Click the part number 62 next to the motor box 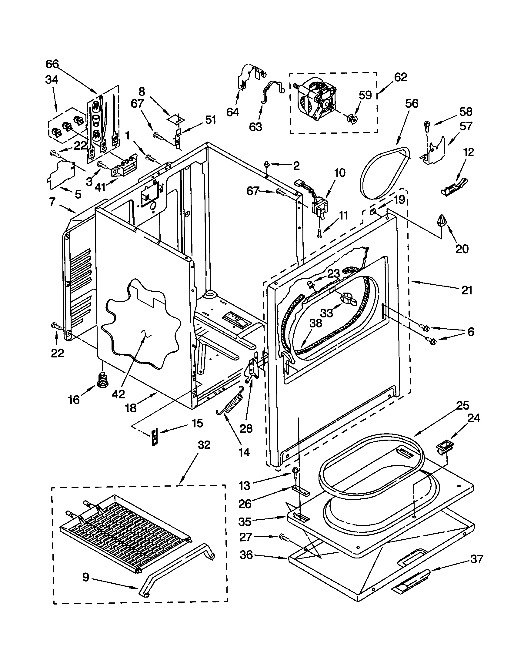tap(400, 77)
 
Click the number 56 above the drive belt tap(412, 103)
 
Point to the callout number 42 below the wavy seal tap(118, 394)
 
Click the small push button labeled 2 tap(267, 165)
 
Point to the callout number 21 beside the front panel tap(466, 290)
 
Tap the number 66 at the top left tap(52, 64)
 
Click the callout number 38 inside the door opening tap(315, 323)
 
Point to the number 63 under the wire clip tap(255, 126)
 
